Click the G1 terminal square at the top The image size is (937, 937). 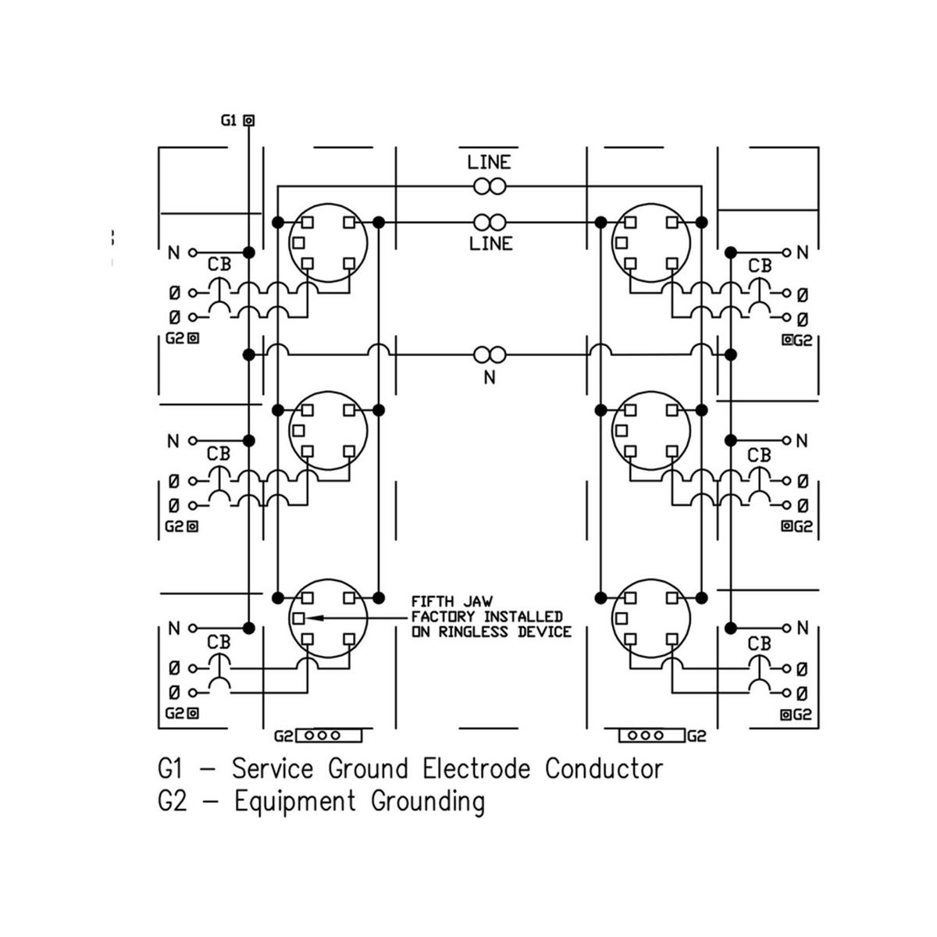(248, 120)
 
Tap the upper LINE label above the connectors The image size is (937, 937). (489, 162)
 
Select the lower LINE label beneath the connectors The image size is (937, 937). (490, 244)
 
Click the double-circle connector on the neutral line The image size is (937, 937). (490, 355)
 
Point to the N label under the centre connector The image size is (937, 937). (490, 378)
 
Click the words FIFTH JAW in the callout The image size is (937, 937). (452, 601)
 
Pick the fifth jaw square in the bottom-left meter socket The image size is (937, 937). (298, 618)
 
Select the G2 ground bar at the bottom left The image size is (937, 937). (329, 736)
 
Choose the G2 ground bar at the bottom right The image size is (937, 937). (651, 736)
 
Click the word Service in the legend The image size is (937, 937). (273, 769)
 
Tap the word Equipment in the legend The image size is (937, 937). (295, 802)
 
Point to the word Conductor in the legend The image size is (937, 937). (604, 769)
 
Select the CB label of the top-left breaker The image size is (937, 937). (219, 265)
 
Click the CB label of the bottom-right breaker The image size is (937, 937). (760, 643)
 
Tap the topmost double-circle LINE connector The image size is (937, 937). (490, 187)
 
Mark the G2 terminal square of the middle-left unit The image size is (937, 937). (193, 526)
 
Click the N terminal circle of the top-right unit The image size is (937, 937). (787, 252)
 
